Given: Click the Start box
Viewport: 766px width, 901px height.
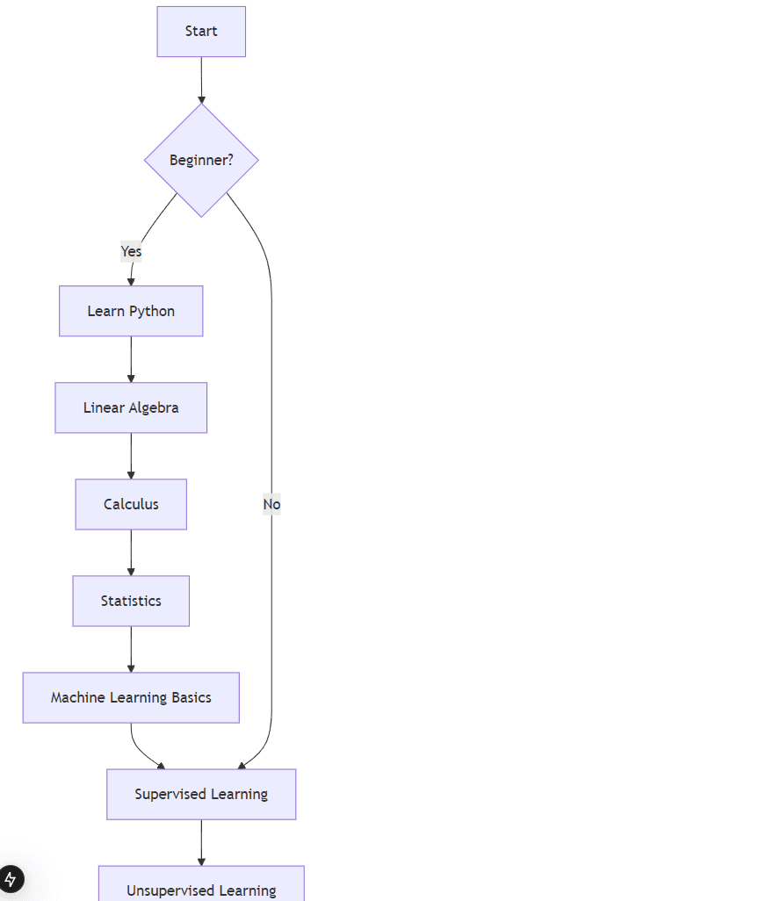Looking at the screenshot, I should point(201,32).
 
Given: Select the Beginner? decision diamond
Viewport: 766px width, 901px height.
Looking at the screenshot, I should point(201,160).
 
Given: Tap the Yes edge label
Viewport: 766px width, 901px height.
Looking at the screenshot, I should point(131,251).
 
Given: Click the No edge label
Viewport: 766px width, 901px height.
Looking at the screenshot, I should point(271,504).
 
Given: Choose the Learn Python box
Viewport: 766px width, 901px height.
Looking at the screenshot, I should point(131,311).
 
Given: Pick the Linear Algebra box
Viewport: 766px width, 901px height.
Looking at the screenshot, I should point(131,407).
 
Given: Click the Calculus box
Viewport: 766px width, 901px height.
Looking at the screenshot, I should point(131,504).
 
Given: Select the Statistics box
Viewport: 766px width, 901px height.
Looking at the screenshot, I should point(131,601).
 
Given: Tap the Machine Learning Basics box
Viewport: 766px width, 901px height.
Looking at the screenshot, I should point(131,697).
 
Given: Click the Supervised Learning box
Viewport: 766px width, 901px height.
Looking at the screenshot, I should point(201,794).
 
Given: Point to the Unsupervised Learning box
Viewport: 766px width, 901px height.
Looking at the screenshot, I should point(201,887).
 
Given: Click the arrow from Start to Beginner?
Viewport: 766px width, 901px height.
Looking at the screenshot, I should point(201,80).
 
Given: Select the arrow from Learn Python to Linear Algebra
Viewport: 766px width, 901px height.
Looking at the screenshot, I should point(131,359).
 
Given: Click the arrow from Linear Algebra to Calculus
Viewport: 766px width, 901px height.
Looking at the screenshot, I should point(131,456).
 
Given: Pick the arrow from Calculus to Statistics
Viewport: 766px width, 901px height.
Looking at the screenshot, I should point(131,552).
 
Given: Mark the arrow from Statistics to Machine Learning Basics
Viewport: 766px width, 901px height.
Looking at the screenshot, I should point(131,649).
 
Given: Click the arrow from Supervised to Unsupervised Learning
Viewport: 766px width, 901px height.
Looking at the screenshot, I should point(201,842).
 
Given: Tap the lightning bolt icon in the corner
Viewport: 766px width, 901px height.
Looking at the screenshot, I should point(11,879).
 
